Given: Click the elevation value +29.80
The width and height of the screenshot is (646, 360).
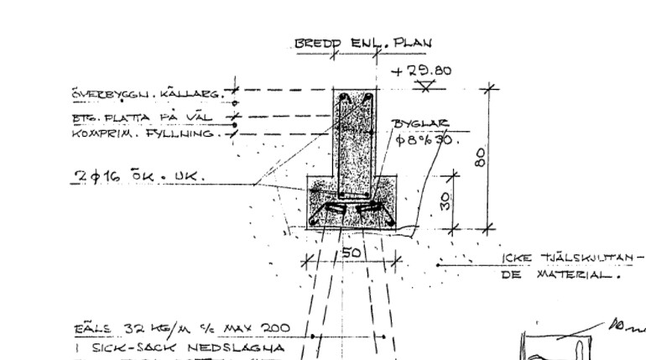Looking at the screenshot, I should click(427, 70).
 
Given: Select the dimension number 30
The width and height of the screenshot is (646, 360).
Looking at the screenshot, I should click(446, 201).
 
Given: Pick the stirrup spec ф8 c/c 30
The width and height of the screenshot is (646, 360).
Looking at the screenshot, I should click(425, 138).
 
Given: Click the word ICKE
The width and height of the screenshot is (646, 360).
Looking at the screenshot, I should click(519, 258).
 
